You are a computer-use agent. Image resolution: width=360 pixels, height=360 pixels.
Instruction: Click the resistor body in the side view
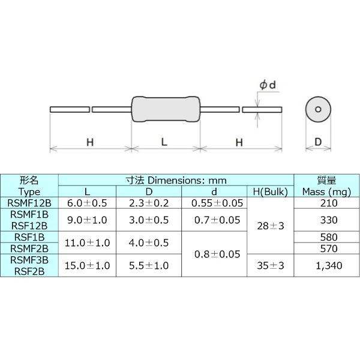[x=165, y=110]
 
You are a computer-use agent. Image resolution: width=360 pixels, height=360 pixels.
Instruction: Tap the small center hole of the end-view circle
[x=319, y=110]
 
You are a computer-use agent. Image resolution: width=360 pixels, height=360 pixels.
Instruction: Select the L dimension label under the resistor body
[x=164, y=142]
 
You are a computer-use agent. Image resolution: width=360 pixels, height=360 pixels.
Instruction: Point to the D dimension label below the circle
[x=319, y=142]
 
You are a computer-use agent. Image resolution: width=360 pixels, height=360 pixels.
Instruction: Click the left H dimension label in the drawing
[x=89, y=142]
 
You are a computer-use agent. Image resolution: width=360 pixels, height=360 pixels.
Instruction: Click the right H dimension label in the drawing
[x=239, y=142]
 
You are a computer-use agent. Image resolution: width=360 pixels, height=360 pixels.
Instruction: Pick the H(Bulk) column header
[x=271, y=191]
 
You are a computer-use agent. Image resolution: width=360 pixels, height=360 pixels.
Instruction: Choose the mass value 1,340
[x=325, y=266]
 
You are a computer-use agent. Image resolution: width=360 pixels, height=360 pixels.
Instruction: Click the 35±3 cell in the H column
[x=271, y=266]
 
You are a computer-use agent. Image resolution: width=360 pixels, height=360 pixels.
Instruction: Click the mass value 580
[x=325, y=237]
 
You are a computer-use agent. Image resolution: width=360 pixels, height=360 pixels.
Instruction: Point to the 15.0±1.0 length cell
[x=87, y=266]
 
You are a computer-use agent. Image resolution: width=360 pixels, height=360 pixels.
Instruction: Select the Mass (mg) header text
[x=325, y=191]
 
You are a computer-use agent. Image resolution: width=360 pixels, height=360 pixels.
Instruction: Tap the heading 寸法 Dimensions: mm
[x=176, y=180]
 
